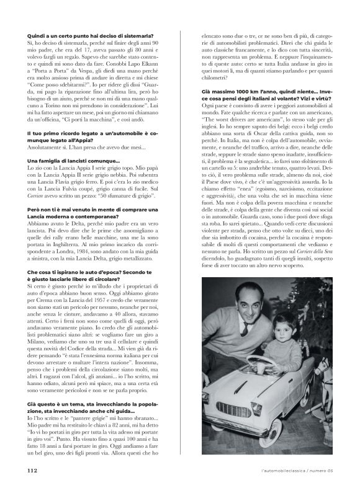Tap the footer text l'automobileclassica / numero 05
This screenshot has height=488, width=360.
[x=299, y=471]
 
